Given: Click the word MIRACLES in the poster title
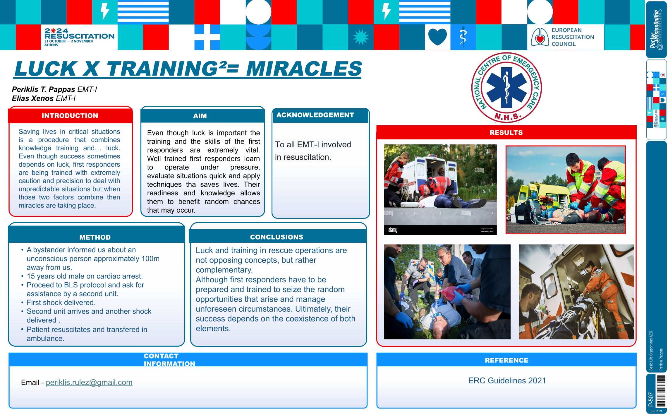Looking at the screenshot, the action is point(304,69).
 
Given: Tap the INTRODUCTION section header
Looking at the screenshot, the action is point(70,116).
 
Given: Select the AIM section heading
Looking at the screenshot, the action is point(200,116).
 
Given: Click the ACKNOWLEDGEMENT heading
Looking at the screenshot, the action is point(315,115).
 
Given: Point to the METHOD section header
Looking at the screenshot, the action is point(95,237).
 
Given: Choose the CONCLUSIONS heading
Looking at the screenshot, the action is point(277,237).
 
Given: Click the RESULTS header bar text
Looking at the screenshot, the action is point(506,133).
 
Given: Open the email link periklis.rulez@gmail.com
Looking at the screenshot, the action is point(89,382).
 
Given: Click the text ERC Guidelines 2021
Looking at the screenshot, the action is point(507,380).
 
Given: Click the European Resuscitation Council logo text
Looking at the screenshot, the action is point(573,37).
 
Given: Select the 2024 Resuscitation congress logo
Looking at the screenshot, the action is point(79,37).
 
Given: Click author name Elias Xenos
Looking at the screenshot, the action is point(33,98).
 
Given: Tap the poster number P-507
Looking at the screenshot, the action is point(651,399).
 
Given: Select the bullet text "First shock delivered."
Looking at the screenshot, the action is point(61,303).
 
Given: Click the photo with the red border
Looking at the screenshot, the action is point(566,190).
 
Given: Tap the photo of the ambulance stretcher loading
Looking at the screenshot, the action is point(576,292).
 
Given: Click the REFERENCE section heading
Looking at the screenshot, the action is point(506,360).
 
